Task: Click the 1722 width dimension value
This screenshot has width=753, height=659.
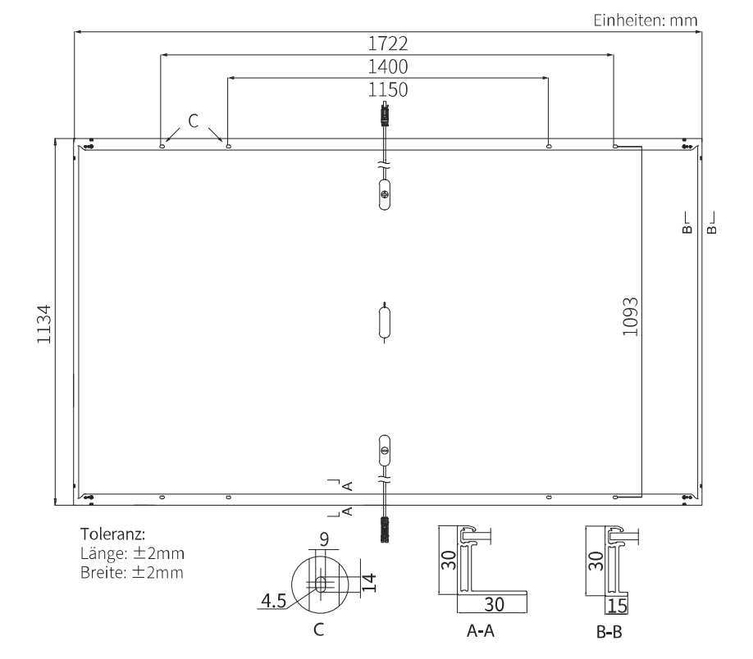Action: click(x=388, y=43)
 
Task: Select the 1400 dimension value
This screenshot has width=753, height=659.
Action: click(x=388, y=66)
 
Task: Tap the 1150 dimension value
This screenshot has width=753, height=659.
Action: click(x=388, y=89)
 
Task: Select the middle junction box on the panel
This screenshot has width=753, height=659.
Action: click(x=383, y=320)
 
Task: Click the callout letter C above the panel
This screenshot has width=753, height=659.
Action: click(x=194, y=120)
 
